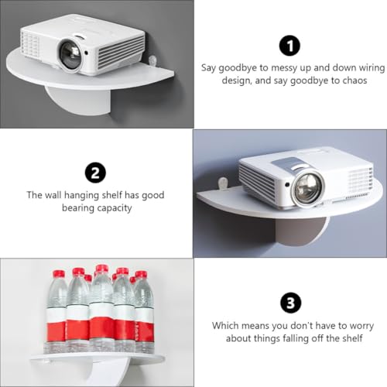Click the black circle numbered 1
[289, 46]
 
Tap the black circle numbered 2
[95, 173]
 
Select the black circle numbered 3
[291, 303]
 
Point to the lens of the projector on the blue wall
[308, 187]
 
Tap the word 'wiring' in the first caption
[372, 68]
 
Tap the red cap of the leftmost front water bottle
[59, 273]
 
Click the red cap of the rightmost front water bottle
[141, 274]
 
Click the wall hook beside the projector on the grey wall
[152, 60]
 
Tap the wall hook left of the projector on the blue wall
[223, 183]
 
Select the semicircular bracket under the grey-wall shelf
[78, 99]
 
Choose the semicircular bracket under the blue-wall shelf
[301, 231]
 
